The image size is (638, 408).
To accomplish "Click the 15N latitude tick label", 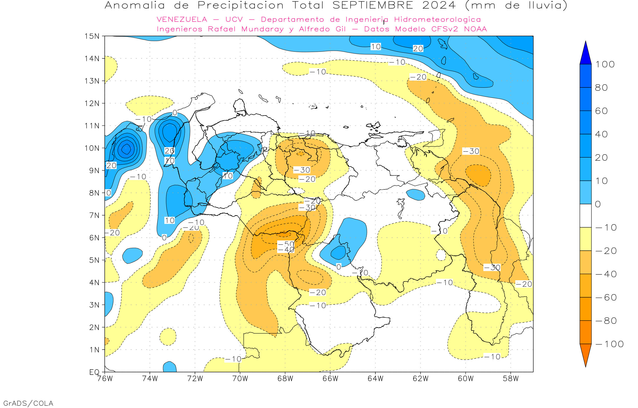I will [92, 36].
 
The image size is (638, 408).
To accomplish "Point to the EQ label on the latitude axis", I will [94, 372].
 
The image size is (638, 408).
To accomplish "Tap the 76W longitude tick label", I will [105, 379].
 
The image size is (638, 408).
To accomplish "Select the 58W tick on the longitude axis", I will [510, 379].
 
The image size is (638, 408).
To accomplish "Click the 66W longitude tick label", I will [330, 379].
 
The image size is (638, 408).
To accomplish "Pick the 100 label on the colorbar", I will [605, 64].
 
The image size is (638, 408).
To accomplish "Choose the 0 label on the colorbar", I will [598, 204].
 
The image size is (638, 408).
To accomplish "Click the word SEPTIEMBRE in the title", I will [373, 5].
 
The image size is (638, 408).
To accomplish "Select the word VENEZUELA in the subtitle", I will [182, 19].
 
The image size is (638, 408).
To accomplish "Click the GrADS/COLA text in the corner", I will [28, 403].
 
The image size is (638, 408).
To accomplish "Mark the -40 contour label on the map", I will [286, 250].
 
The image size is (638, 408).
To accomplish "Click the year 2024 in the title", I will [439, 5].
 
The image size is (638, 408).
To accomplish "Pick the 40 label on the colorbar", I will [601, 134].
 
